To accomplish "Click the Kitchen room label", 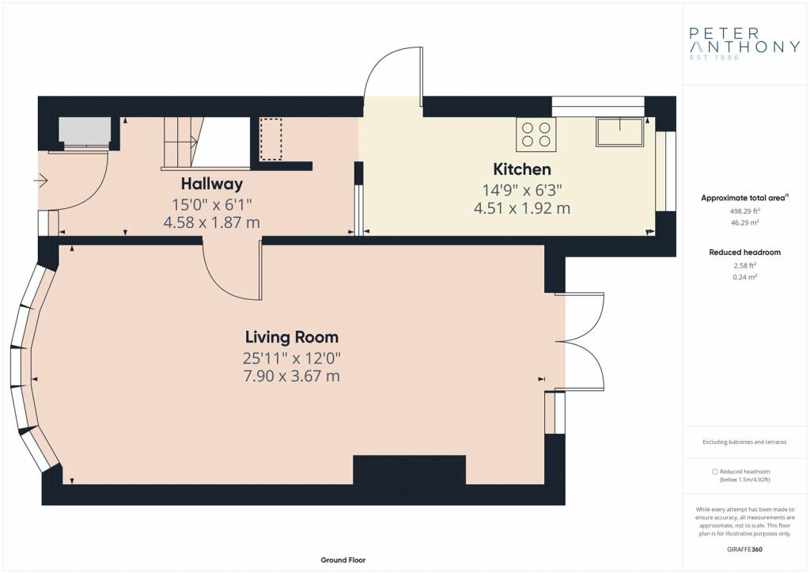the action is coord(522,169).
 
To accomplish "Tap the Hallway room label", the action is coord(212,184).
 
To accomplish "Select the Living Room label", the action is coord(292,337).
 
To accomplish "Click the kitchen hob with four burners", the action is coord(536,135).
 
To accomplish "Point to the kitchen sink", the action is coord(619,131).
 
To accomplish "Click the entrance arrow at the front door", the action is coord(41,180).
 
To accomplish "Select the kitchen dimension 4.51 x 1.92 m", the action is coord(522,208).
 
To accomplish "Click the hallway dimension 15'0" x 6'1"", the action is coord(212,205).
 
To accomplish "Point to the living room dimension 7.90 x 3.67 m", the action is coord(292,376).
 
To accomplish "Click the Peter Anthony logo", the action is coord(744,44).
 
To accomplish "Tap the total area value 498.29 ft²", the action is coord(744,211).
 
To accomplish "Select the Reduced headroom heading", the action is coord(744,252).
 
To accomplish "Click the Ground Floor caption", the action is coord(343,560).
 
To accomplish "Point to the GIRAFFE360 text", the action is coord(744,549).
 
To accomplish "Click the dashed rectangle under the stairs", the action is coord(271,139).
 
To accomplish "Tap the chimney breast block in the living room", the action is coord(409,470).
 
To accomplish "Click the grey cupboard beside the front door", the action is coord(85,131).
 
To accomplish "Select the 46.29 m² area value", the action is coord(744,222).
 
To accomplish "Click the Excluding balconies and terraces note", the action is coord(744,442).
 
